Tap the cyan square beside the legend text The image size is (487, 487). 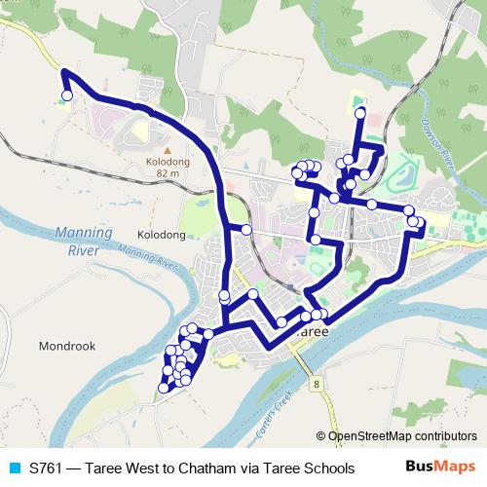coord(15,468)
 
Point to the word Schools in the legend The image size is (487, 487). coord(325,468)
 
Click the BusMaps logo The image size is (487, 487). coord(441,468)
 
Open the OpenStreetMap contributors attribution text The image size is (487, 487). coord(402,437)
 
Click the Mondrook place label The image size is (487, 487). coord(65,346)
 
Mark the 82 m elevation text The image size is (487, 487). coord(168,172)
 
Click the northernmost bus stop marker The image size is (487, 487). coord(359,114)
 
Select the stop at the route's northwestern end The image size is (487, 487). coord(67,95)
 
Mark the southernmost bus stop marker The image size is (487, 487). coord(163,389)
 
